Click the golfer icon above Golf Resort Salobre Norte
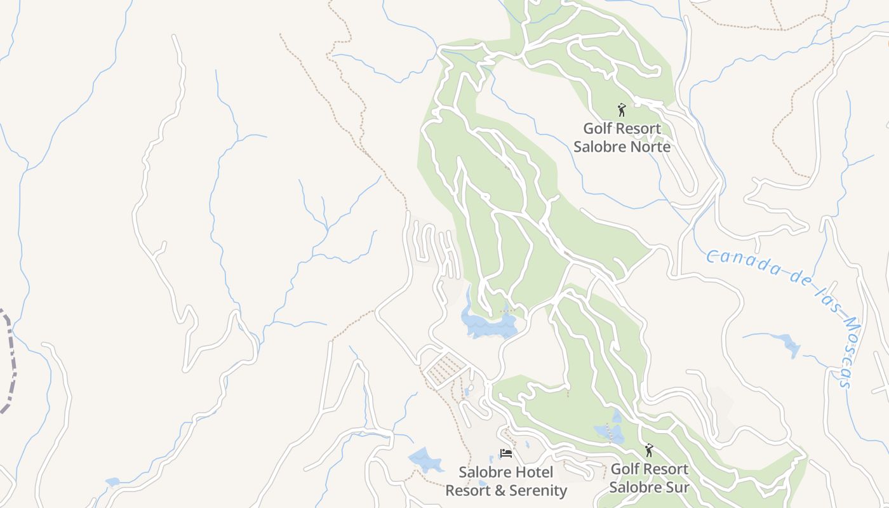(622, 110)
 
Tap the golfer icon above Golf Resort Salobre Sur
(648, 450)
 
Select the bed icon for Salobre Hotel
(506, 453)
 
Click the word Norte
(647, 147)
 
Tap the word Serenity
(536, 490)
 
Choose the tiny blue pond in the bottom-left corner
(112, 482)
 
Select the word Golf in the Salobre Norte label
(596, 128)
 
